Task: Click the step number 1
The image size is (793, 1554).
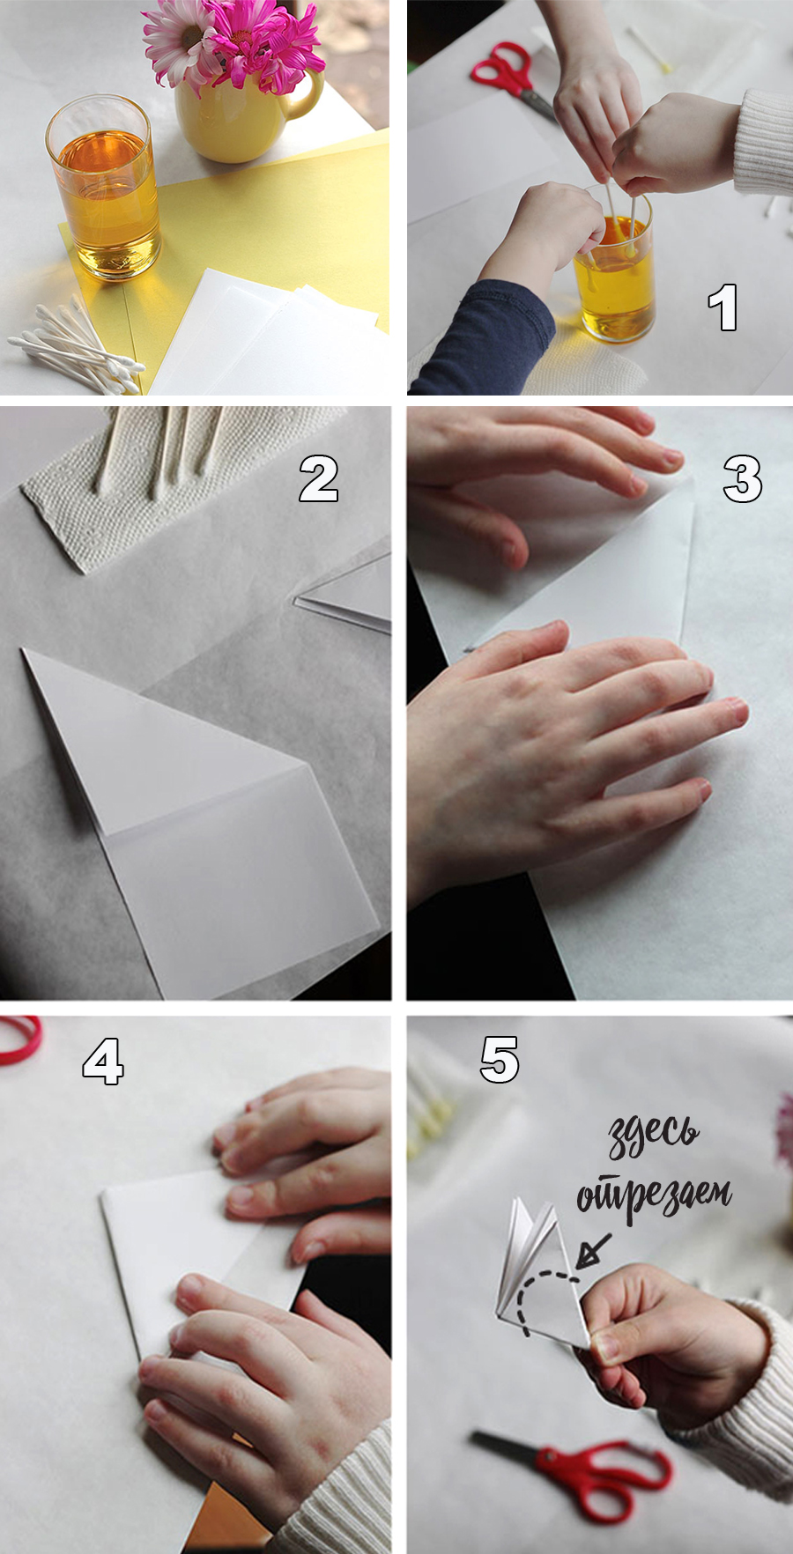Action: (723, 307)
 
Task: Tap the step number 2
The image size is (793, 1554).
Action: (318, 478)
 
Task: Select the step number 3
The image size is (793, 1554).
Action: (742, 479)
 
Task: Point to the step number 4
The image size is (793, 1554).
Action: (103, 1061)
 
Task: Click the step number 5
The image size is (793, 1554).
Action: (500, 1059)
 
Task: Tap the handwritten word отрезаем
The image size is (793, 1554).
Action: (654, 1196)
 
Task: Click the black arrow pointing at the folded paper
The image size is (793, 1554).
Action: (593, 1250)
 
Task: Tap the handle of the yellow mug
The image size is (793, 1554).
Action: (307, 92)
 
